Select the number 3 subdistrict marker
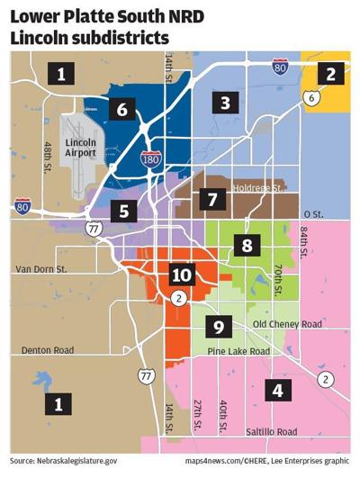point(225,102)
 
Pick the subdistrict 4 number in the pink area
point(278,391)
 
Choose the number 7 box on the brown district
point(212,198)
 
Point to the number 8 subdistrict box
point(247,244)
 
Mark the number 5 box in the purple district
point(124,212)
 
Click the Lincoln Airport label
point(86,148)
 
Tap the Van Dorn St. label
point(43,269)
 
